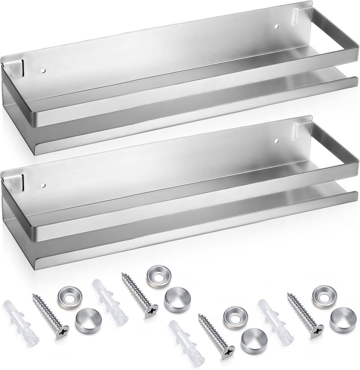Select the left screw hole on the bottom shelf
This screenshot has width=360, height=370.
coord(43,186)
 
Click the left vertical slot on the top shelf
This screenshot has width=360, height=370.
coord(22,67)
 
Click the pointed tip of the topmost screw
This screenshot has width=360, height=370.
coord(122,275)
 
